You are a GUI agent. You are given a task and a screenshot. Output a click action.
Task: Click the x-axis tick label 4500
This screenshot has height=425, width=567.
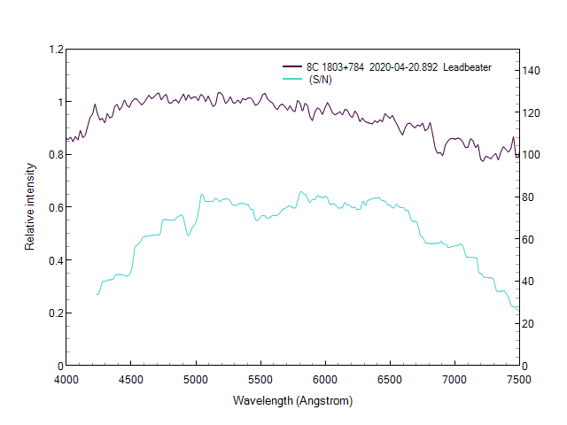[x=131, y=379]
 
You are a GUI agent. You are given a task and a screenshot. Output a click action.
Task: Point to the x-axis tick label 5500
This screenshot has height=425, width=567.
[x=260, y=379]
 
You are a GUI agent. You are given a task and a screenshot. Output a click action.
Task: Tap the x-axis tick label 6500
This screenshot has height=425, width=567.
[x=390, y=379]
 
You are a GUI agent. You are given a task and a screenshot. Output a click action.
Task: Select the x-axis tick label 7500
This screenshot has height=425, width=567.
[x=518, y=379]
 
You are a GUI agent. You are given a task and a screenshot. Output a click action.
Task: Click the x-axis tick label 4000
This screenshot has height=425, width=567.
[x=66, y=379]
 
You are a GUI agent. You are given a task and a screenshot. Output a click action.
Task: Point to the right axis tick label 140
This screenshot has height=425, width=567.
[x=532, y=70]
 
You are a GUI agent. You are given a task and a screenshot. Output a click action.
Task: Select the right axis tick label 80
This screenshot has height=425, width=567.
[x=530, y=197]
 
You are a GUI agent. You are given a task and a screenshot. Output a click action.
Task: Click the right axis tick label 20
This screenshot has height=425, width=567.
[x=530, y=323]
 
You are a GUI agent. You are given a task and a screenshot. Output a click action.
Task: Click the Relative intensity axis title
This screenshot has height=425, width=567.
[x=30, y=207]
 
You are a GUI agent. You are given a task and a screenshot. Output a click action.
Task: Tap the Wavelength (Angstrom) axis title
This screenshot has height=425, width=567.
[x=292, y=400]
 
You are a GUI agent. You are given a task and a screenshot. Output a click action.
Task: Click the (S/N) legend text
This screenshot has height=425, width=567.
[x=321, y=80]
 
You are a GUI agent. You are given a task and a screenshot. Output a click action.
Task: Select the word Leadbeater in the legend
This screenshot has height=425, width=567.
[x=468, y=67]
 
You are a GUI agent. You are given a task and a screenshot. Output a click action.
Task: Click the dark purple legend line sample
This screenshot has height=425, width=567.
[x=291, y=67]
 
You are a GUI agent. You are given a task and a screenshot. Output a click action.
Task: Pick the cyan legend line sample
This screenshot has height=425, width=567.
[x=291, y=80]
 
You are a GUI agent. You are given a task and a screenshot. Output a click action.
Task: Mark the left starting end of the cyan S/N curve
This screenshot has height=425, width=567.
[x=97, y=294]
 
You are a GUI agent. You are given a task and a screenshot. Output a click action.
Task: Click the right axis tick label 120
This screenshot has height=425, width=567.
[x=532, y=112]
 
